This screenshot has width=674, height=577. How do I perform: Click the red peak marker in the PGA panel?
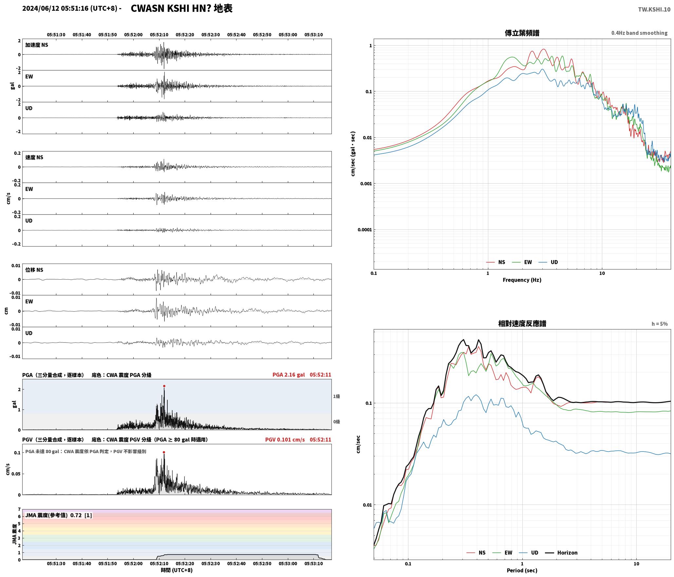(164, 386)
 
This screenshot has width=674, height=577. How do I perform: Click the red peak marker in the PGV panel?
(164, 452)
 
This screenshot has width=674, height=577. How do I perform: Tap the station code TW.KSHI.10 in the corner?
(654, 10)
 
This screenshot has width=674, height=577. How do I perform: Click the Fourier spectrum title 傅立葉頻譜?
(522, 33)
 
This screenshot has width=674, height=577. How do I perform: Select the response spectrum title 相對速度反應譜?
(522, 324)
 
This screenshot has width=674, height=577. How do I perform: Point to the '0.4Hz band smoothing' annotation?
(639, 33)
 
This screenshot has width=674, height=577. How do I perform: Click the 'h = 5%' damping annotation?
(659, 324)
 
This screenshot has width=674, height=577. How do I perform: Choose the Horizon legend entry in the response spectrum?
(561, 553)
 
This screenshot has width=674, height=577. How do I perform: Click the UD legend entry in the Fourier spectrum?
(548, 262)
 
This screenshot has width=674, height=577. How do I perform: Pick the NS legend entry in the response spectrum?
(476, 553)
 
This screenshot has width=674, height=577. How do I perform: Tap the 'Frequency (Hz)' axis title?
(522, 280)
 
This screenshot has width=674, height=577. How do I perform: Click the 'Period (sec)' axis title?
(522, 570)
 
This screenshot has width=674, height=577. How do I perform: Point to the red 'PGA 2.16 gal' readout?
(289, 375)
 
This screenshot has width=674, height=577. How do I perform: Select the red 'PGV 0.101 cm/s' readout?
(285, 440)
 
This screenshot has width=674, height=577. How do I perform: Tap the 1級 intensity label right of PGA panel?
(336, 396)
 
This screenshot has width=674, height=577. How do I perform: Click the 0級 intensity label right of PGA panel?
(336, 422)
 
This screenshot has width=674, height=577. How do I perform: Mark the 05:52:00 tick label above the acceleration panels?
(133, 35)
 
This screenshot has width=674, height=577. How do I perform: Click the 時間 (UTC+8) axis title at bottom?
(177, 570)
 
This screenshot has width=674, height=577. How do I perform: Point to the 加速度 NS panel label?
(37, 45)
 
